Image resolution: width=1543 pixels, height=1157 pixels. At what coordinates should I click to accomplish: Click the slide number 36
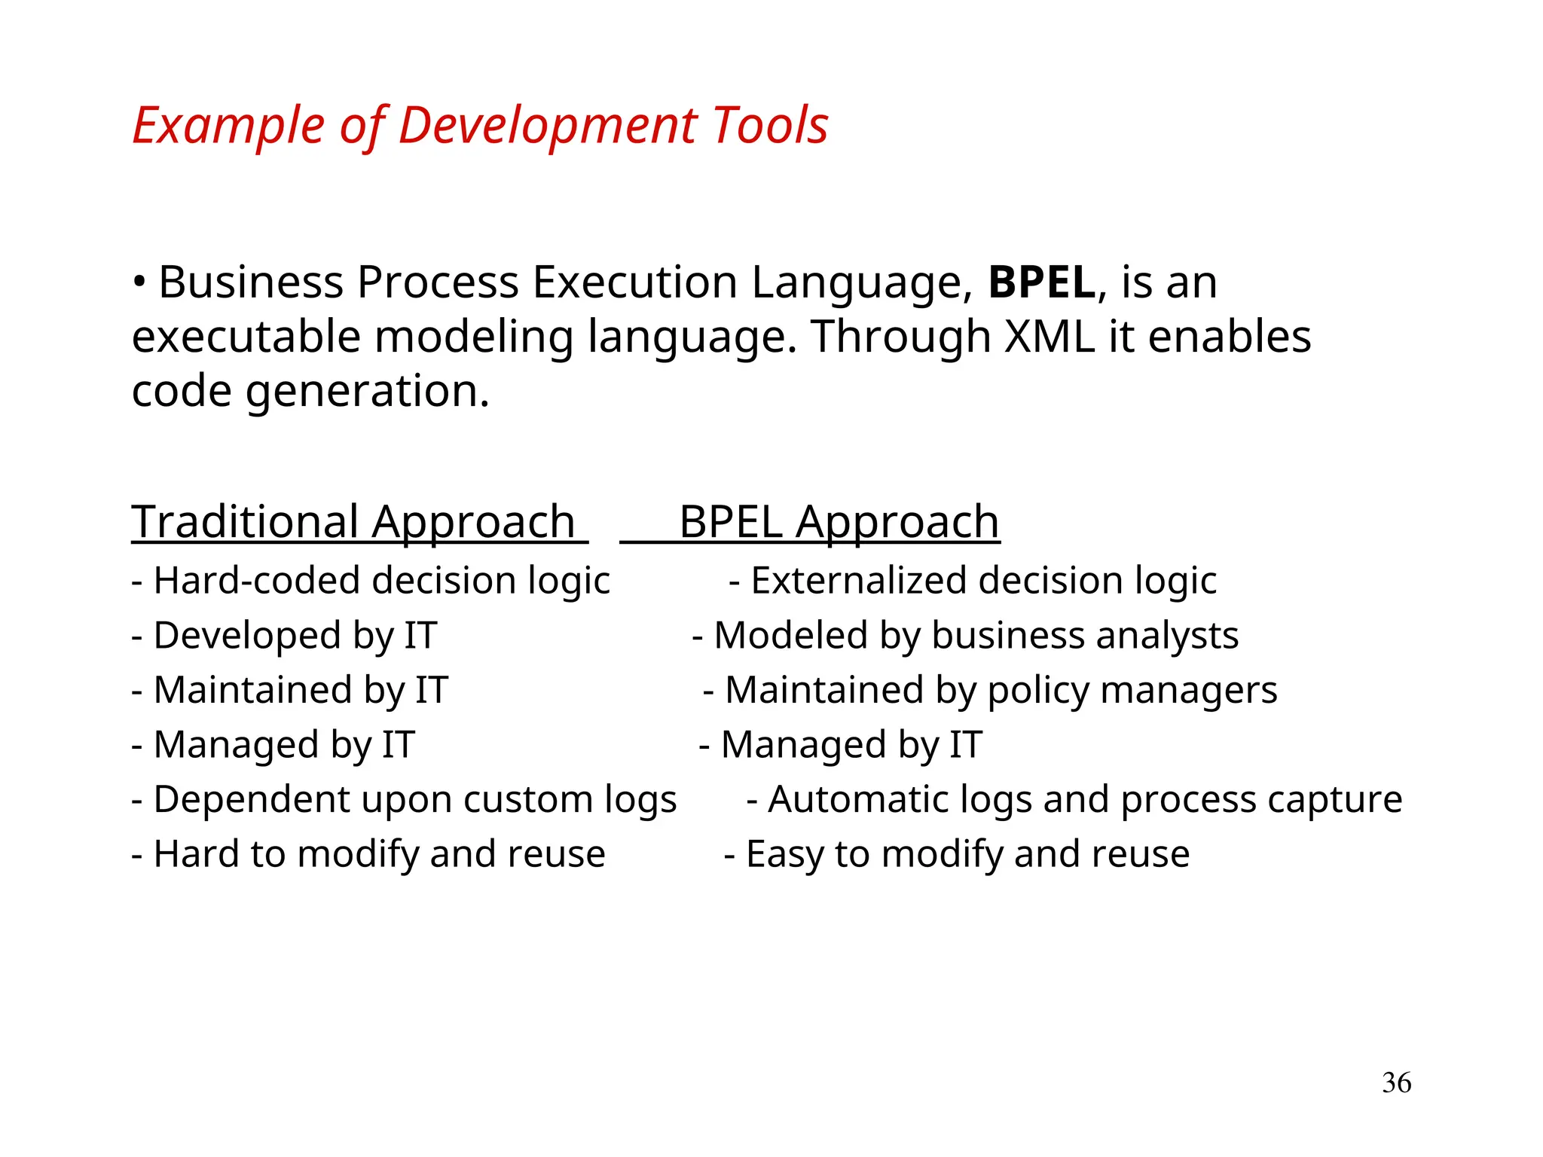[1396, 1082]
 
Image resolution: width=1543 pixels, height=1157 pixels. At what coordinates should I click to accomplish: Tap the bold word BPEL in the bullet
[1041, 282]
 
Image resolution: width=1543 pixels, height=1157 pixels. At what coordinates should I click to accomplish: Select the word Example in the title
[228, 125]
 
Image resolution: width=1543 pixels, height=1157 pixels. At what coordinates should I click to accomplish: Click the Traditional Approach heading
[353, 521]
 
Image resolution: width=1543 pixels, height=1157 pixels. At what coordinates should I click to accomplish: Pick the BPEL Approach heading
[839, 521]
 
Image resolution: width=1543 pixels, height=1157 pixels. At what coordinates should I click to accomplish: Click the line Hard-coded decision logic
[371, 581]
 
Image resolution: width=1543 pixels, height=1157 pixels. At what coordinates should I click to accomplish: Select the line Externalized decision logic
[973, 581]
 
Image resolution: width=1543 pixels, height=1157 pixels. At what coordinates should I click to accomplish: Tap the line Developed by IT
[284, 636]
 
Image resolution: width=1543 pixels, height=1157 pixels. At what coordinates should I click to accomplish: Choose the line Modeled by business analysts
[965, 636]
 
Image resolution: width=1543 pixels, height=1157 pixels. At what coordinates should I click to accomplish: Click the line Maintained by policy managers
[990, 690]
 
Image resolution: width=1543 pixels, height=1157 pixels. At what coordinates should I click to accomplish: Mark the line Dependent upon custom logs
[404, 799]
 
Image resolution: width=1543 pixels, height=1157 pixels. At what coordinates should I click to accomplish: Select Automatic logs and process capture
[1074, 799]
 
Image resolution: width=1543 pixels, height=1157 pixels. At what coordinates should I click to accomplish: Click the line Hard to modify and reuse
[368, 854]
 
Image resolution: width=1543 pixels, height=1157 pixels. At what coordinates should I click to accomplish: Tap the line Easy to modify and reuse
[957, 854]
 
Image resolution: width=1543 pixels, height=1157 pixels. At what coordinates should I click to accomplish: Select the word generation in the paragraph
[367, 392]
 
